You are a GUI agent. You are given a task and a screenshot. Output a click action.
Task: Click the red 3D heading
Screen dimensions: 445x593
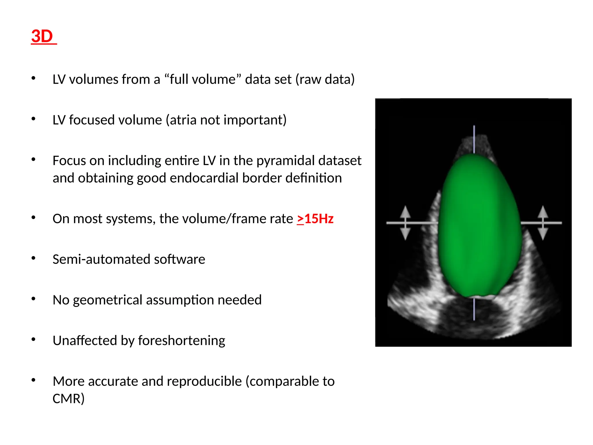tap(42, 37)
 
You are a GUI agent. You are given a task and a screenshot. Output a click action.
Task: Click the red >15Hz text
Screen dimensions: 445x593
tap(315, 219)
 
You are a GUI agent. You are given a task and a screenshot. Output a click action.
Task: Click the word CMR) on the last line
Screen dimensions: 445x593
tap(68, 399)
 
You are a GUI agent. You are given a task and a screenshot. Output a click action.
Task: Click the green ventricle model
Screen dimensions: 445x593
tap(479, 226)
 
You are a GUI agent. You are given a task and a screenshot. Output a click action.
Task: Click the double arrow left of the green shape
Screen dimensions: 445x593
tap(405, 223)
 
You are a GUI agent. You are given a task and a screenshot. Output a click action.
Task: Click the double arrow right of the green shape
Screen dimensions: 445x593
tap(543, 223)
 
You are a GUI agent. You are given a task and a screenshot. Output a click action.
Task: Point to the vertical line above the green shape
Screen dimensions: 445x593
tap(474, 139)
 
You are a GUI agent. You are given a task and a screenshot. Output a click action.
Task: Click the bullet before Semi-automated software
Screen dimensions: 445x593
tap(34, 258)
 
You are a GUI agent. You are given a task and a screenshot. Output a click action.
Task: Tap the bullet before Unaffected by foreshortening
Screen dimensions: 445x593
tap(34, 339)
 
